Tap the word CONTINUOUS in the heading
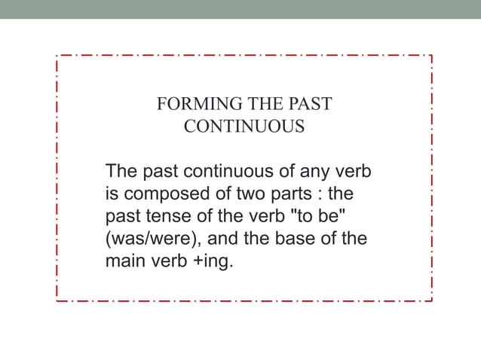pyautogui.click(x=244, y=127)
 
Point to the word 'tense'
pyautogui.click(x=161, y=217)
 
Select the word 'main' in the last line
pyautogui.click(x=125, y=264)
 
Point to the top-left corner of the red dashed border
pyautogui.click(x=57, y=56)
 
